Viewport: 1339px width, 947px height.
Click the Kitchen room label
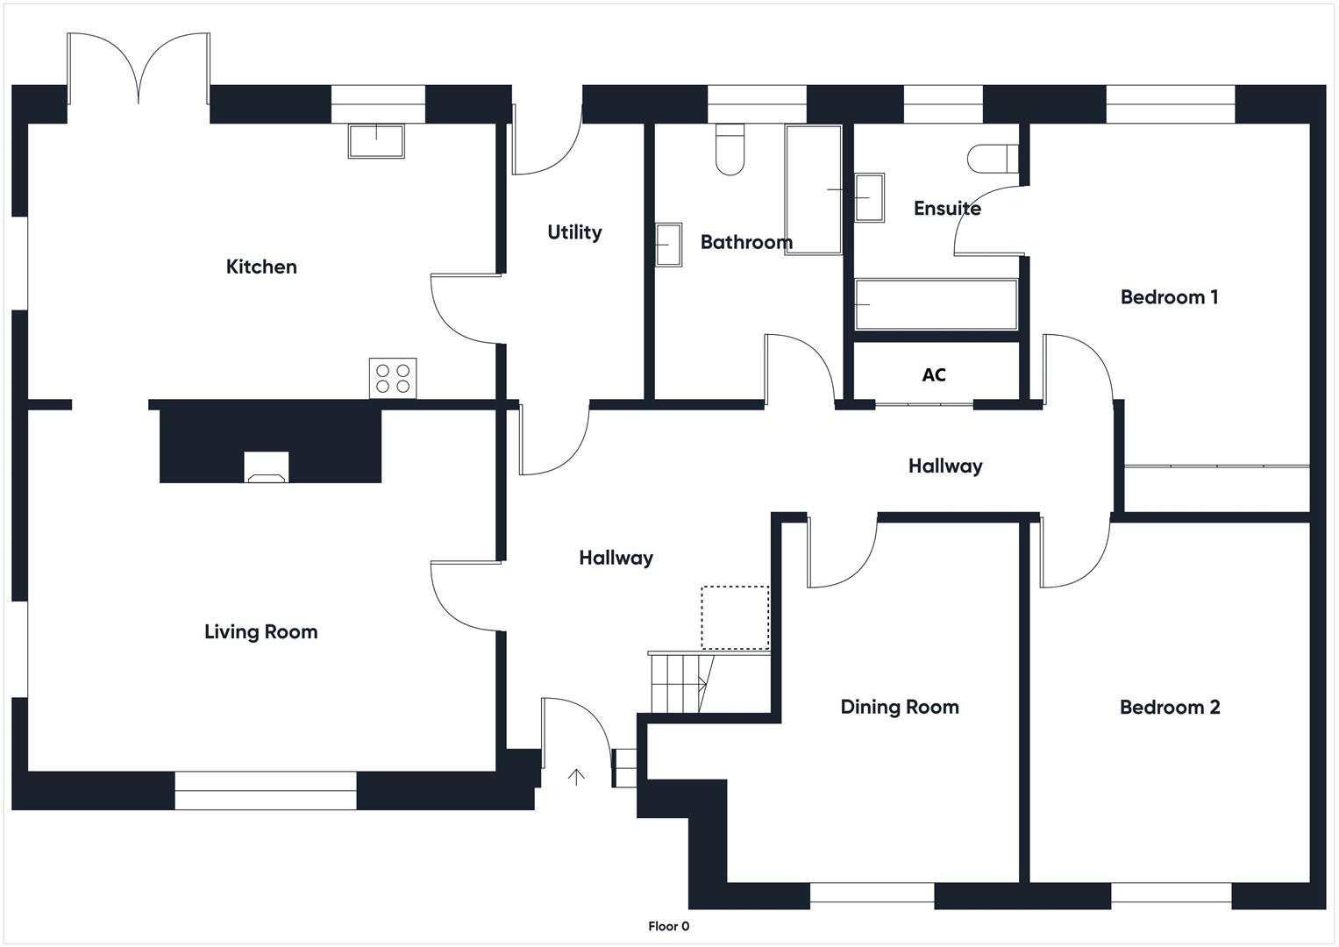point(261,267)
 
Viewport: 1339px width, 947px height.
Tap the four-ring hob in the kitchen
point(393,379)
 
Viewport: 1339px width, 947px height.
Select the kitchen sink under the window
point(376,141)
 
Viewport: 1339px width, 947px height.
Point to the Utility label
point(574,232)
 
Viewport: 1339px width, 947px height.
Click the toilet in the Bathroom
point(730,149)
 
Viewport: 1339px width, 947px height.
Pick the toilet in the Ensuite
point(993,159)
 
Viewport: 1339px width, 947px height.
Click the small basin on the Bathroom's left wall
point(668,245)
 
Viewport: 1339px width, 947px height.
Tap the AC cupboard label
point(934,375)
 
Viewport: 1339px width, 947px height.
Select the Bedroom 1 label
point(1169,297)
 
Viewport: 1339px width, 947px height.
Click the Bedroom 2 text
point(1170,708)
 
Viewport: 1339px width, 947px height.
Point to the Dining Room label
point(900,708)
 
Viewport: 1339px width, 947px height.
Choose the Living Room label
point(261,632)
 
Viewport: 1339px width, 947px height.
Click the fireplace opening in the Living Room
point(267,466)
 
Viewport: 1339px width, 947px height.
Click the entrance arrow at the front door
point(576,777)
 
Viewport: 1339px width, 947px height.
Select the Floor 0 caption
point(669,926)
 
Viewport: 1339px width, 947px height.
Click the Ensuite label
point(947,208)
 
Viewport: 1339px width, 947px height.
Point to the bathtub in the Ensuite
point(937,304)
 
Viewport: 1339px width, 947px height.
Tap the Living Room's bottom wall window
point(266,790)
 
